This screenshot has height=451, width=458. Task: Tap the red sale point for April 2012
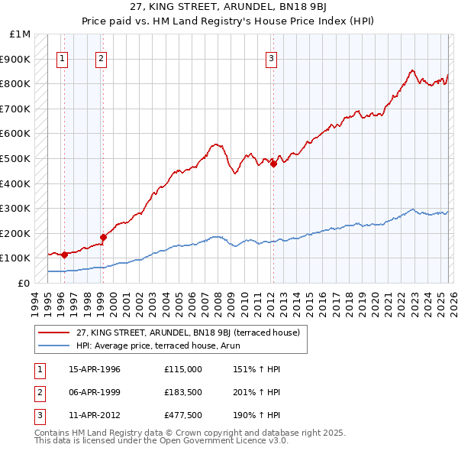coord(273,164)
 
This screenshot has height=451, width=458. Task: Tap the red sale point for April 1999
coord(103,237)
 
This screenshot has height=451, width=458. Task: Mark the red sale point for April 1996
coord(64,255)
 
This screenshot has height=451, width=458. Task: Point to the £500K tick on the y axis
coord(15,158)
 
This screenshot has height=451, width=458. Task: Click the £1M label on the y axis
coord(21,34)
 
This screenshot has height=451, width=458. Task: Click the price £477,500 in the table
coord(183,415)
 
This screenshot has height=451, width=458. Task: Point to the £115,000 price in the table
coord(183,369)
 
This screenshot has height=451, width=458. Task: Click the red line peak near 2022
coord(411,70)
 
